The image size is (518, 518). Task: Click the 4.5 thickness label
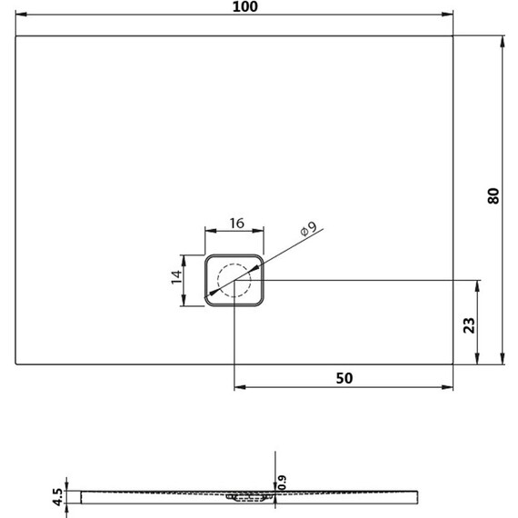57,494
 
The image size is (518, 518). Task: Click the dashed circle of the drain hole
234,280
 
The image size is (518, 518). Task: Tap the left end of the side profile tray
83,496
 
